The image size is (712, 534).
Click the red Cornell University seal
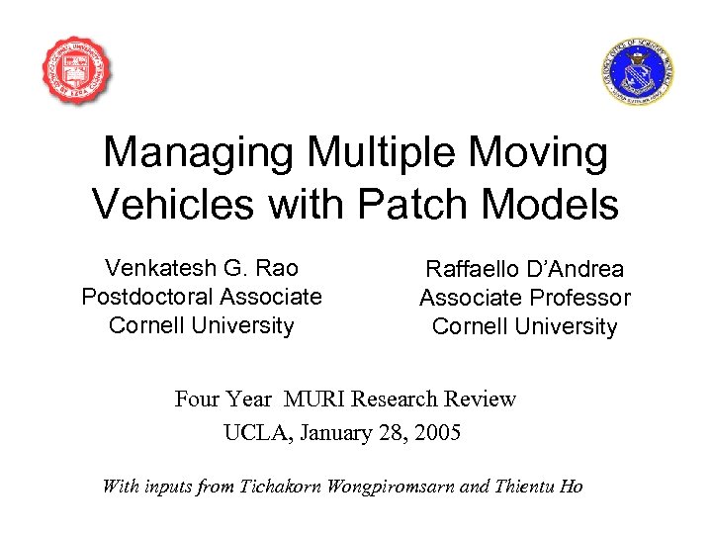pyautogui.click(x=76, y=71)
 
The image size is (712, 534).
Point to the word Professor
pyautogui.click(x=582, y=298)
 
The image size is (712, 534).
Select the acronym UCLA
pyautogui.click(x=253, y=432)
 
